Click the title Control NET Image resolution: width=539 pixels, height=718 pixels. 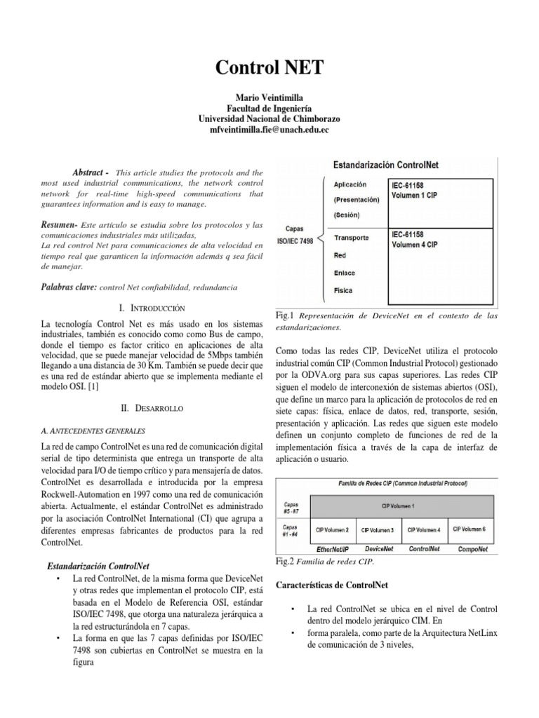tap(269, 68)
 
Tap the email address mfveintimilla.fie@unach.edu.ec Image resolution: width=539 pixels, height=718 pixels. tap(269, 130)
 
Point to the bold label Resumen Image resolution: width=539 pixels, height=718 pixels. tap(60, 225)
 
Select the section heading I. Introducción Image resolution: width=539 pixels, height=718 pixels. tap(152, 308)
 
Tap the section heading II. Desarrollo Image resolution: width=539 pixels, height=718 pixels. tap(152, 407)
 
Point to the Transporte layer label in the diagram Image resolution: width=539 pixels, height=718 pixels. tap(352, 238)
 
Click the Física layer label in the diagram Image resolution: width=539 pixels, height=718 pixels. tap(345, 290)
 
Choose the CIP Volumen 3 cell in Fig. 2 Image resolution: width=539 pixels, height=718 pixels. tap(377, 530)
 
